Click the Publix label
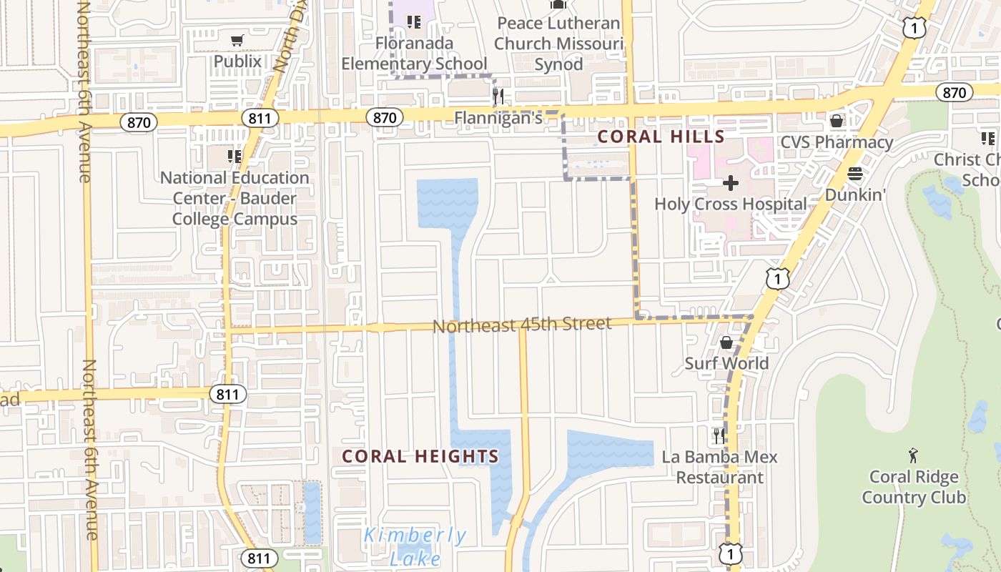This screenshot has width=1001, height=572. point(237,61)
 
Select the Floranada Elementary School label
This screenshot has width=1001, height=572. point(414,54)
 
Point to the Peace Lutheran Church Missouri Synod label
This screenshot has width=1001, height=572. point(558,44)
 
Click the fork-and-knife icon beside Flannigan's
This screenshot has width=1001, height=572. point(498,97)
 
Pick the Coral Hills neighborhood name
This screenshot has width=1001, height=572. point(661,137)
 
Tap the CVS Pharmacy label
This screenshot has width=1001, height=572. point(837,142)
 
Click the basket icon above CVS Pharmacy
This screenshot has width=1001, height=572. point(836,121)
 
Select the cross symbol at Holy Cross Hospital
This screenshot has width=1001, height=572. point(730,184)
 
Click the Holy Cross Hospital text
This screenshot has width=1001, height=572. point(730,204)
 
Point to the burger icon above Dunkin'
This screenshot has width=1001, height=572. point(855,174)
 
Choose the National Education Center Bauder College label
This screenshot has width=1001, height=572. point(235,198)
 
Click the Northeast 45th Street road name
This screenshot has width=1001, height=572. point(522,325)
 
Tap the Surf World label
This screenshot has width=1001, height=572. point(726,363)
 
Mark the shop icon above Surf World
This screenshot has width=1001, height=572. point(726,343)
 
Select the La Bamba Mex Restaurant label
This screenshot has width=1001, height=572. point(719,467)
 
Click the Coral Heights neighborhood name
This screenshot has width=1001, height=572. point(420,456)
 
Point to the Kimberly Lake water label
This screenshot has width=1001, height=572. point(415,546)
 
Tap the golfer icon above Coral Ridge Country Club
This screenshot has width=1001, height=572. point(913,455)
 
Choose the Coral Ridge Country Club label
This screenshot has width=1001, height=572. point(913,487)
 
